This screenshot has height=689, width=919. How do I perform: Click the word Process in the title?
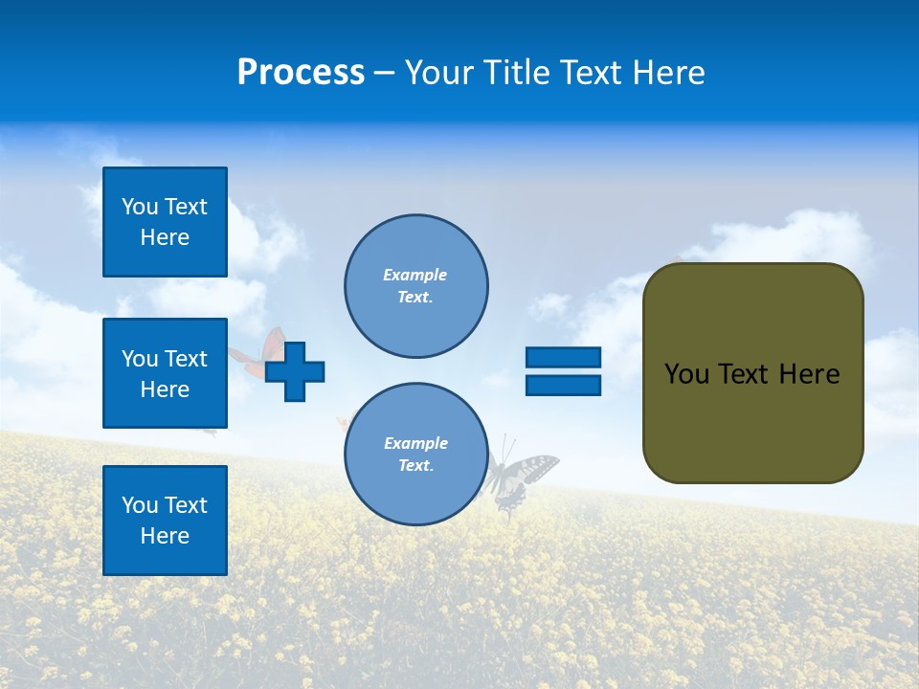tap(301, 73)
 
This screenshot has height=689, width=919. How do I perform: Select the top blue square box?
tap(165, 222)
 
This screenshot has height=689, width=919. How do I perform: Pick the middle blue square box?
tap(165, 373)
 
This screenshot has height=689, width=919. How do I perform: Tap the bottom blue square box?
tap(165, 520)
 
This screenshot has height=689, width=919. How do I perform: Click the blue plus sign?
tap(295, 371)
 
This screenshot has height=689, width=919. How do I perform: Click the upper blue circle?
tap(415, 286)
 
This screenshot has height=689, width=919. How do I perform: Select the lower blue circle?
tap(415, 455)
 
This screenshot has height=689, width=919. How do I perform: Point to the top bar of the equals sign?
tap(563, 358)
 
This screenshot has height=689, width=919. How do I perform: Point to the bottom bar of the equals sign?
tap(563, 385)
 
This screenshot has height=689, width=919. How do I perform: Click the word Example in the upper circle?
tap(415, 275)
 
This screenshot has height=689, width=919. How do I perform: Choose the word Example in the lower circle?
tap(415, 443)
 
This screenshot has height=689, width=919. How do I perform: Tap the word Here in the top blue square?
tap(165, 237)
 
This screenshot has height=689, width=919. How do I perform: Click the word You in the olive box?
tap(686, 374)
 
